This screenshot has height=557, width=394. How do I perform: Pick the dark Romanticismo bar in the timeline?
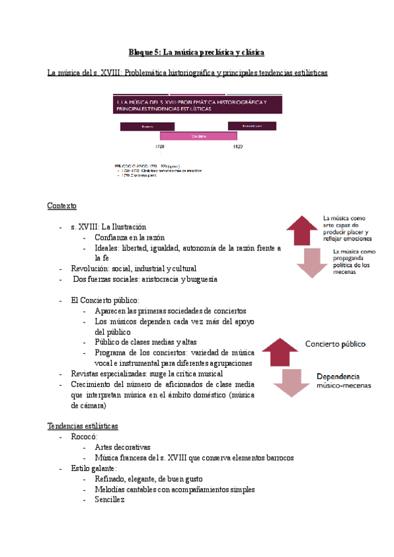(248, 125)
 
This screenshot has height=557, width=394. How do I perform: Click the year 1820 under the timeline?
(238, 146)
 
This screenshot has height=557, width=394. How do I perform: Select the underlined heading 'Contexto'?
(62, 206)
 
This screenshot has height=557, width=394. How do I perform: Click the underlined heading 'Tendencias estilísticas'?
(83, 426)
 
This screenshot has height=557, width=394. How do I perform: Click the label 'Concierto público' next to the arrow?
(335, 344)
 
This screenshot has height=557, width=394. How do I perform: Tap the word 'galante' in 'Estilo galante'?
(104, 468)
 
